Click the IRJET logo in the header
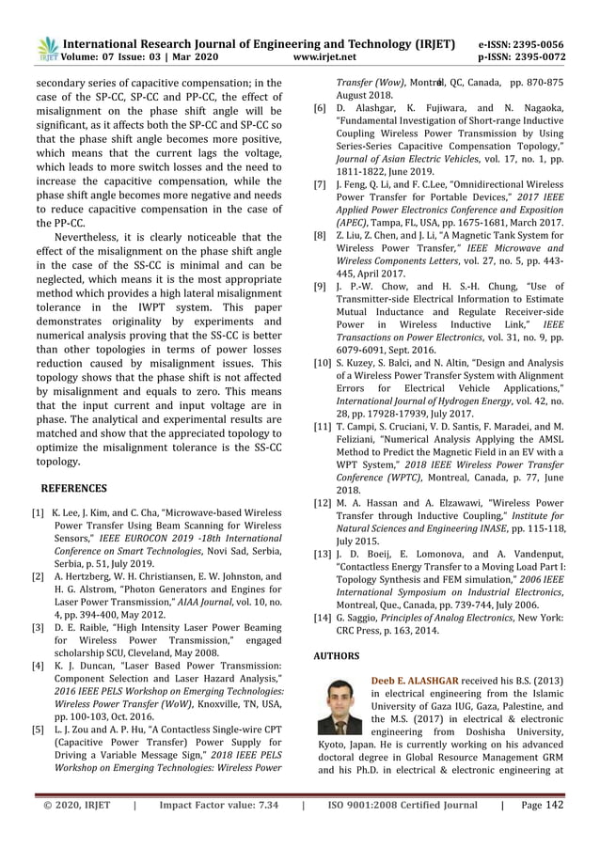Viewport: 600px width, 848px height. pyautogui.click(x=45, y=50)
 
